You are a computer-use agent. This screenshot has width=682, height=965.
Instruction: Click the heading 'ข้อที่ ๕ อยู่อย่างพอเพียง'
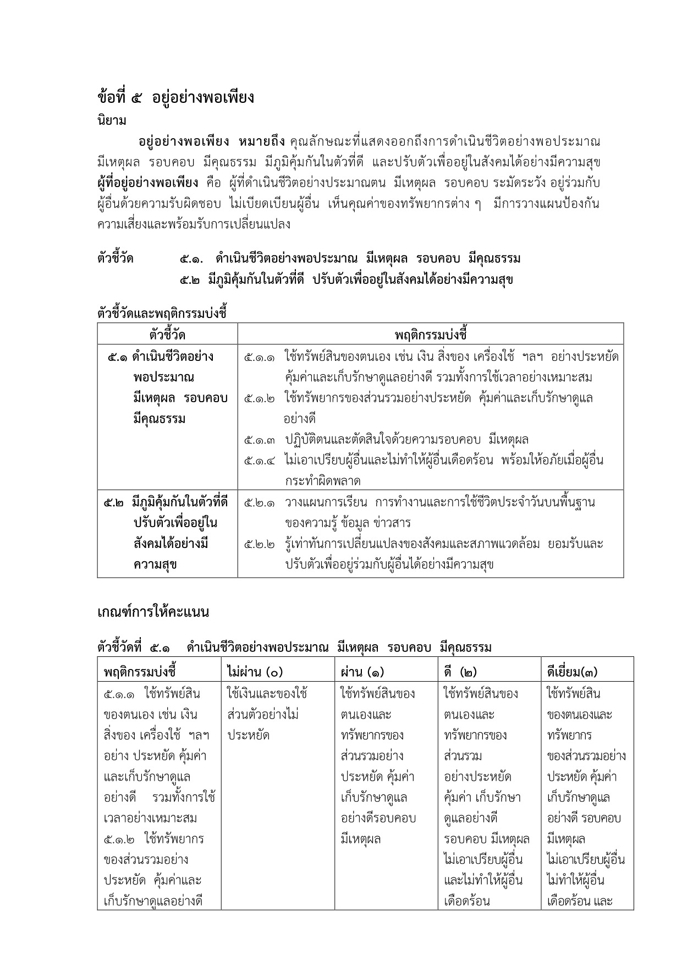coord(175,98)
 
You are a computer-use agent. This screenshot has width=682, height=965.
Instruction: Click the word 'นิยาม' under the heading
coord(112,120)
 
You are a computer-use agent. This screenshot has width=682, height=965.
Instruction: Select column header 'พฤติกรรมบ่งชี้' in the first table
coord(431,335)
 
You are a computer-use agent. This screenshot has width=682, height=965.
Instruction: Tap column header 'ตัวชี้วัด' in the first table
coord(167,335)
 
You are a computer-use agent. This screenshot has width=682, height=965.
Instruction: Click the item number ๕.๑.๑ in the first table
coord(260,357)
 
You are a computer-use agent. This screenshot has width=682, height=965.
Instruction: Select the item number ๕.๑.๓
coord(260,440)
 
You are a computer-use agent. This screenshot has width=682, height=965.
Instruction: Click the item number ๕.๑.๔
coord(260,460)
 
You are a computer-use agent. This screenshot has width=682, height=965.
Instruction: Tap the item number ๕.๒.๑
coord(260,502)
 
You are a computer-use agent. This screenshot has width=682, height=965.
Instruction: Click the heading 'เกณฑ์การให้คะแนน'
coord(153,612)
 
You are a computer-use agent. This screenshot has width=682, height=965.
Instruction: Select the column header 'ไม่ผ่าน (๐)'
coord(254,672)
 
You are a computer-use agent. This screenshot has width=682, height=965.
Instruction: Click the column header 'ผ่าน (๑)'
coord(362,672)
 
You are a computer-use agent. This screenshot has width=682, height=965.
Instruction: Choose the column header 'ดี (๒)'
coord(460,672)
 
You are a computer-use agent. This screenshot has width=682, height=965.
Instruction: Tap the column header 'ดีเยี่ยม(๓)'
coord(573,672)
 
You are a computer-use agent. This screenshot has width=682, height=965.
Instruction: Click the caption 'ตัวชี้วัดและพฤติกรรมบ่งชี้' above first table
coord(162,314)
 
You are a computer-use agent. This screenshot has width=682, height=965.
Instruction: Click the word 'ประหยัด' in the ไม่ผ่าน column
coord(248,736)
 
